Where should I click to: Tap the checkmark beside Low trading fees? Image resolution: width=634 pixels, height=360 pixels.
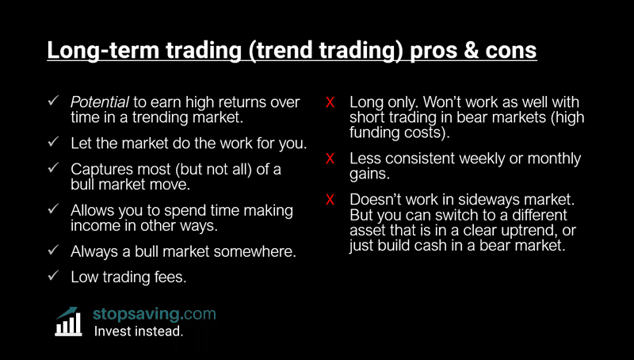click(x=52, y=277)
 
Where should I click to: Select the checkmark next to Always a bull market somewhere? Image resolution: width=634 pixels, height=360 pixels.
click(x=52, y=251)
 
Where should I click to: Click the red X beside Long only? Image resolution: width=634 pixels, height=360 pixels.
click(x=330, y=102)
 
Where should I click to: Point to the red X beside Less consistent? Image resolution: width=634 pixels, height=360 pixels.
click(x=330, y=159)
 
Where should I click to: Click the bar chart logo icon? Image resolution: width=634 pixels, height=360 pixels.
click(x=69, y=322)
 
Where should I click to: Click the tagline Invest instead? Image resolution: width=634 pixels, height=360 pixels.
click(x=139, y=331)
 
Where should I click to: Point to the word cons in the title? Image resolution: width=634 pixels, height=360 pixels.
click(x=511, y=50)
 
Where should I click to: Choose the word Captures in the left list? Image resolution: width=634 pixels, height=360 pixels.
click(x=100, y=170)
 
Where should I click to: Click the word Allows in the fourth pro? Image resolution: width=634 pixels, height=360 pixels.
click(x=92, y=210)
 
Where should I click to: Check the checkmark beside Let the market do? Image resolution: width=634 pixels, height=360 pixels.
click(x=52, y=143)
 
